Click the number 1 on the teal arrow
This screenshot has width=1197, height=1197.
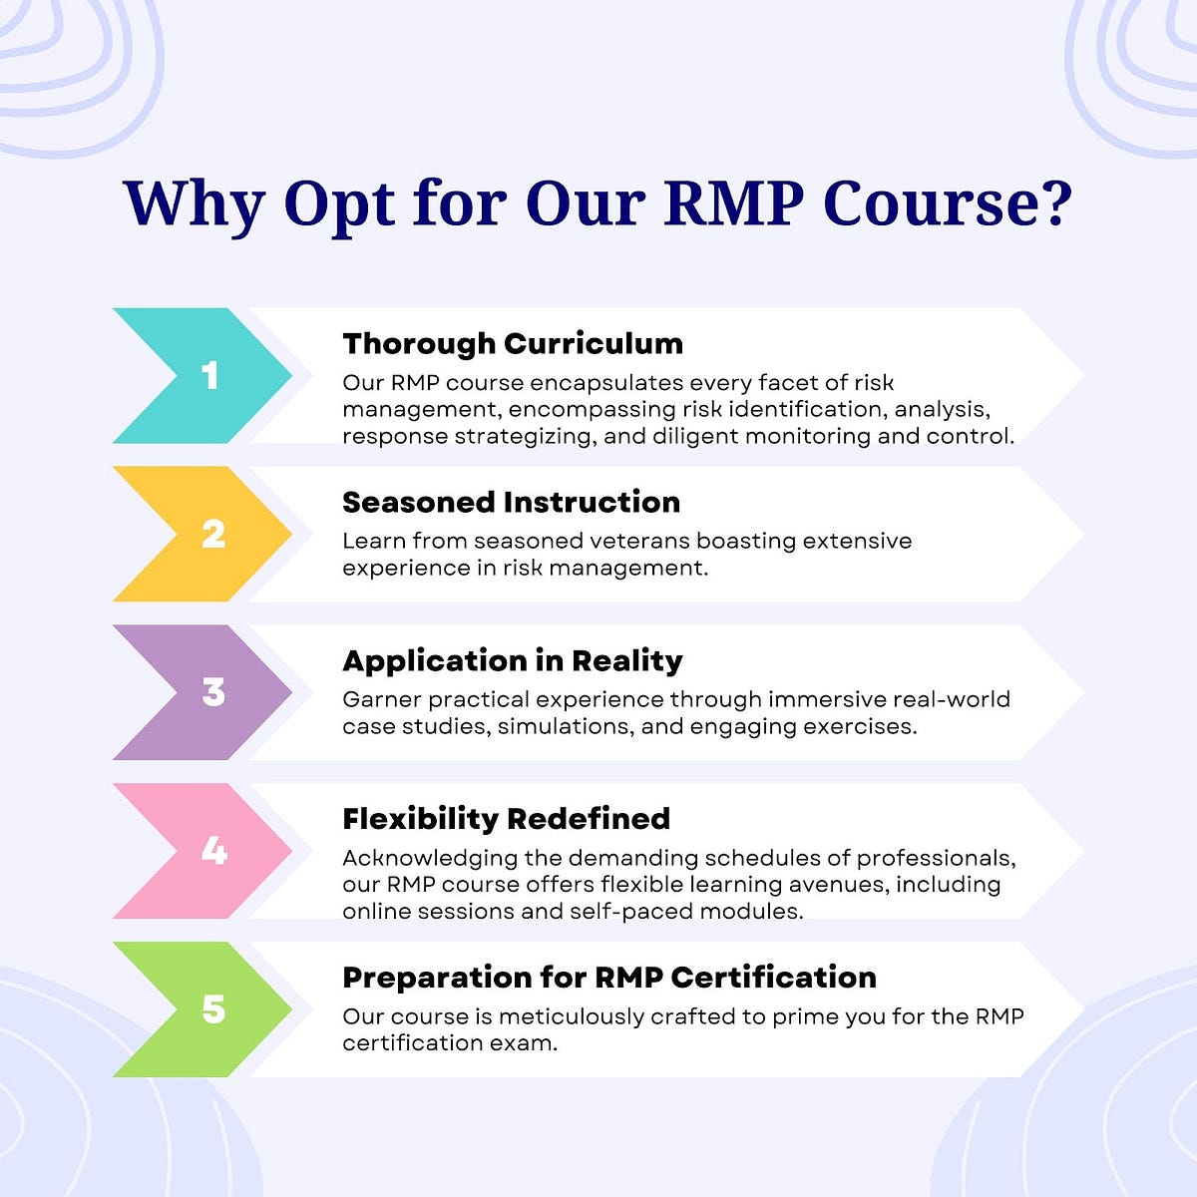(209, 375)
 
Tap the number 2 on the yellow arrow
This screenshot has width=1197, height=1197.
(213, 534)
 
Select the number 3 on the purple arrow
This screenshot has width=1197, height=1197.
(213, 692)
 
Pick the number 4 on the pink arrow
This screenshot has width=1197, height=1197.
(213, 851)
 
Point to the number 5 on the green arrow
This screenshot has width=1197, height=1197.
(213, 1009)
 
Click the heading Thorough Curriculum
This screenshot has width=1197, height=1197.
(513, 343)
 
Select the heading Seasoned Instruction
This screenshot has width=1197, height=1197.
(511, 502)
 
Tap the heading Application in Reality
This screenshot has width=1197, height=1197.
(513, 660)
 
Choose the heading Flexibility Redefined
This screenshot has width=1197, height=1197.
(506, 819)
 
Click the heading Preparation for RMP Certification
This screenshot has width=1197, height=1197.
(609, 978)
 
